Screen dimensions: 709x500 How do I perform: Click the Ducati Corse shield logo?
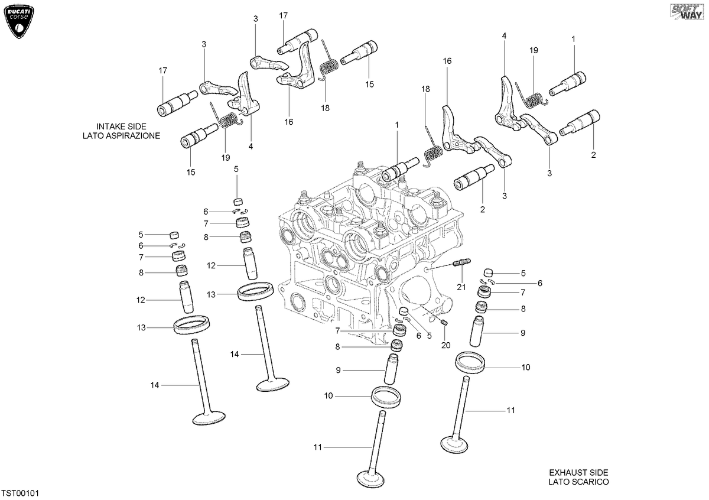19,21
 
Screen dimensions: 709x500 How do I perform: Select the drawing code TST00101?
20,493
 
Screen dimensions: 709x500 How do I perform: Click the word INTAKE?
109,126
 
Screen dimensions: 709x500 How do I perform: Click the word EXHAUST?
566,472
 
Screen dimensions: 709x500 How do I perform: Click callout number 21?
461,287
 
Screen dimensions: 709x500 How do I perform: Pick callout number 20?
445,345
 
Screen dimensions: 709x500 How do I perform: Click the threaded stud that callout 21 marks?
463,262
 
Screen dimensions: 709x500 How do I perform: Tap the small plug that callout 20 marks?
444,323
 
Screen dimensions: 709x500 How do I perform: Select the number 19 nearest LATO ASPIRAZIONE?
225,157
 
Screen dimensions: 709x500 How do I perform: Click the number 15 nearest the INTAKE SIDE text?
190,172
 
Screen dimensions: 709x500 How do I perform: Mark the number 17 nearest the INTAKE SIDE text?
162,70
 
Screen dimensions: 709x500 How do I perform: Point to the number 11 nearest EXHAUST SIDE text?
511,410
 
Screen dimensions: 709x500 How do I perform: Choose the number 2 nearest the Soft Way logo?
593,155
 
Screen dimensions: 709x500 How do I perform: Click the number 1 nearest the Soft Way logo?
573,39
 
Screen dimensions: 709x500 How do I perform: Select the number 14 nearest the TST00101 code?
154,385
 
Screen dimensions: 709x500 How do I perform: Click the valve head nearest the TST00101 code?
209,418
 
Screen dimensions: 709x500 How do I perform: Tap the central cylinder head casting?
370,250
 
